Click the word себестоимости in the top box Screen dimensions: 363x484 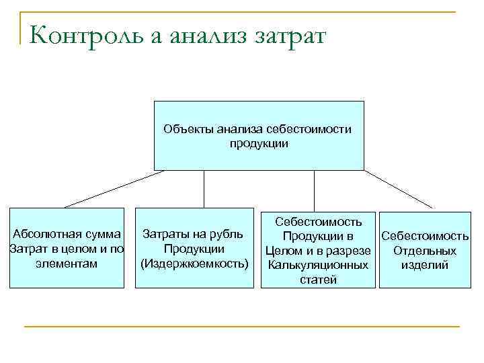[309, 128]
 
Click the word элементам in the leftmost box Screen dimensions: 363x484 [67, 264]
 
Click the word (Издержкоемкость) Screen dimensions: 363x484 [194, 264]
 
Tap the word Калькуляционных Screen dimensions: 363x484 [318, 266]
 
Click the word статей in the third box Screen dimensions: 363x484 [318, 280]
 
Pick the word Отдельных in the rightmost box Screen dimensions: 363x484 [425, 251]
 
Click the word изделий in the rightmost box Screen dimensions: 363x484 [425, 266]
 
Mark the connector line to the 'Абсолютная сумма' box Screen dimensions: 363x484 [114, 188]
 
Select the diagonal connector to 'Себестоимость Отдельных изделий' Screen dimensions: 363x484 [399, 188]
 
